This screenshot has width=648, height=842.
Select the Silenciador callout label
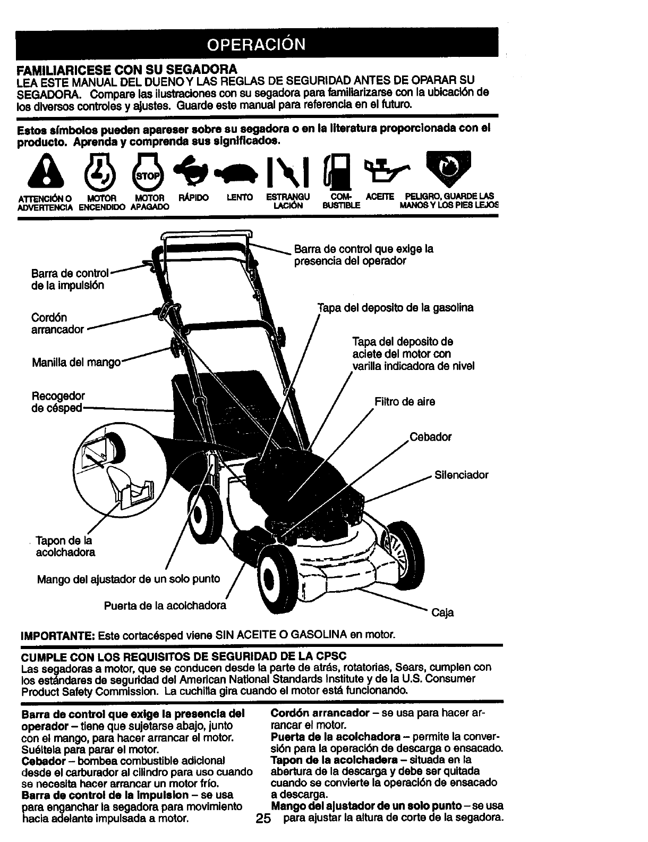[461, 475]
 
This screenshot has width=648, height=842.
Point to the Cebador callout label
[430, 437]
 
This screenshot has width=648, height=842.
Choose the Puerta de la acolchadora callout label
[165, 605]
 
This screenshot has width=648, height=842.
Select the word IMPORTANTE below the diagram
[57, 635]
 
